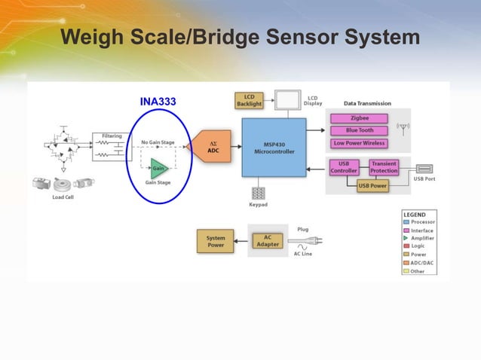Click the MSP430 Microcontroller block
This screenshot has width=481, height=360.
274,147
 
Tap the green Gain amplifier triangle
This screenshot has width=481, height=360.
158,168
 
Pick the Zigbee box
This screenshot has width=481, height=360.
360,118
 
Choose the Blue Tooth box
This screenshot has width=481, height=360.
360,130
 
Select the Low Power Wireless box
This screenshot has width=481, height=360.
360,143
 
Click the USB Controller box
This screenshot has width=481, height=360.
344,167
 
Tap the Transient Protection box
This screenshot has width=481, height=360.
384,167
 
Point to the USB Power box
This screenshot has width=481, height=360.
372,185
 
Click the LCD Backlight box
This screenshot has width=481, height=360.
250,99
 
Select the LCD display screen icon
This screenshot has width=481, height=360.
286,99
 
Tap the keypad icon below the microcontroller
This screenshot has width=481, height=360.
259,193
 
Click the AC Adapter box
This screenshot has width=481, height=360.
268,241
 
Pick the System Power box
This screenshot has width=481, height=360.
215,241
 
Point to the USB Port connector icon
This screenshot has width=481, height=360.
424,169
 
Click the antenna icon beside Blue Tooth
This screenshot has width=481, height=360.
401,129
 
